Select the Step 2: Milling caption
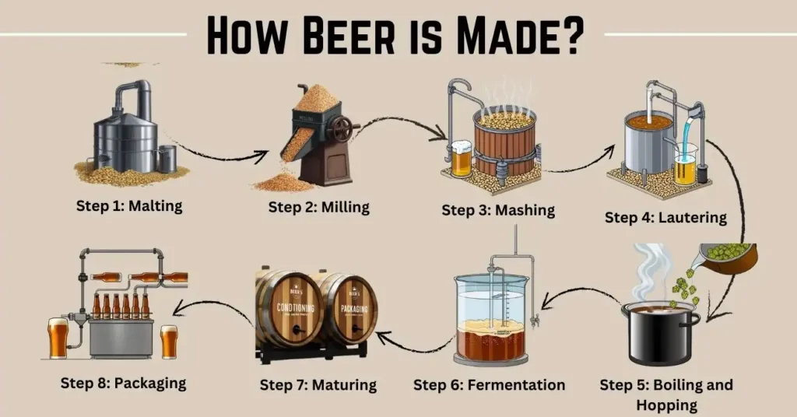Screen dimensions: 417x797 (x=319, y=207)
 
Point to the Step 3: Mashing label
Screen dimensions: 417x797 (x=498, y=209)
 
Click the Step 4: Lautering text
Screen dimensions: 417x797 (x=665, y=217)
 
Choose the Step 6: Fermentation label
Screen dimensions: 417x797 (x=489, y=385)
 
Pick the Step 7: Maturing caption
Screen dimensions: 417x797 (x=318, y=384)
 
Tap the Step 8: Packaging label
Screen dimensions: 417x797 (x=124, y=383)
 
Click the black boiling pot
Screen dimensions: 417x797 (x=659, y=335)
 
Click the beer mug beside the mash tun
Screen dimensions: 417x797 (x=461, y=158)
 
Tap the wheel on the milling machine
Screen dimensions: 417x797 (x=340, y=128)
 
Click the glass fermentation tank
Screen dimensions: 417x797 (x=491, y=319)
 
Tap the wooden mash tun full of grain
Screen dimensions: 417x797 (x=505, y=140)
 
